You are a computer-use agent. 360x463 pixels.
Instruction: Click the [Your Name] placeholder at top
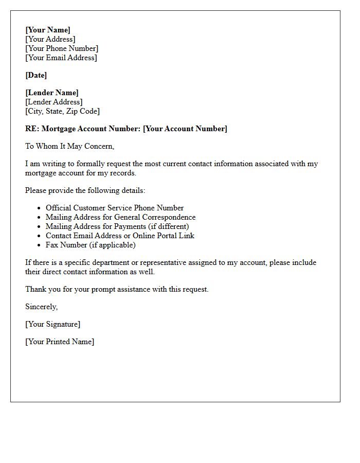(48, 30)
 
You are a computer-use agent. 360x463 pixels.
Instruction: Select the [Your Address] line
(50, 39)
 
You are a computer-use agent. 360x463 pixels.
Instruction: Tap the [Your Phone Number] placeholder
(62, 48)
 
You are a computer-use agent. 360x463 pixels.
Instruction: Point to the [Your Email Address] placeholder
(61, 58)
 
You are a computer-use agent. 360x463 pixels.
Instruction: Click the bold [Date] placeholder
(36, 75)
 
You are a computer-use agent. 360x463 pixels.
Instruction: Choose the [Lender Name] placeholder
(52, 93)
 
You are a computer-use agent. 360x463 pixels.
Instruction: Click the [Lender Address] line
(54, 102)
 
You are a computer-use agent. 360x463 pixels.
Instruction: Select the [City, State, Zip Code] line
(62, 111)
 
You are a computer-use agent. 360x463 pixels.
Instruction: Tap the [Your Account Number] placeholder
(185, 129)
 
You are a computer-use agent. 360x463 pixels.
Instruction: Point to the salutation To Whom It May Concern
(69, 146)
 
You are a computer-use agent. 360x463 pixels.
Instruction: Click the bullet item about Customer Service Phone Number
(115, 208)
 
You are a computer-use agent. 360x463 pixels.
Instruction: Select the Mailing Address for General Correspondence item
(120, 217)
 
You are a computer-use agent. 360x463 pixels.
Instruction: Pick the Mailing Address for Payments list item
(117, 226)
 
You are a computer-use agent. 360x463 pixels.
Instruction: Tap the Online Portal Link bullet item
(120, 236)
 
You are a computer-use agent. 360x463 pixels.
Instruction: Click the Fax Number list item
(91, 245)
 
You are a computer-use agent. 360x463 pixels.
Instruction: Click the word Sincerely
(42, 307)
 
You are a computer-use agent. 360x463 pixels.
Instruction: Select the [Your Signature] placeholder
(52, 324)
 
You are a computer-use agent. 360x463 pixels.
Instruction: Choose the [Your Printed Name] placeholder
(60, 342)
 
